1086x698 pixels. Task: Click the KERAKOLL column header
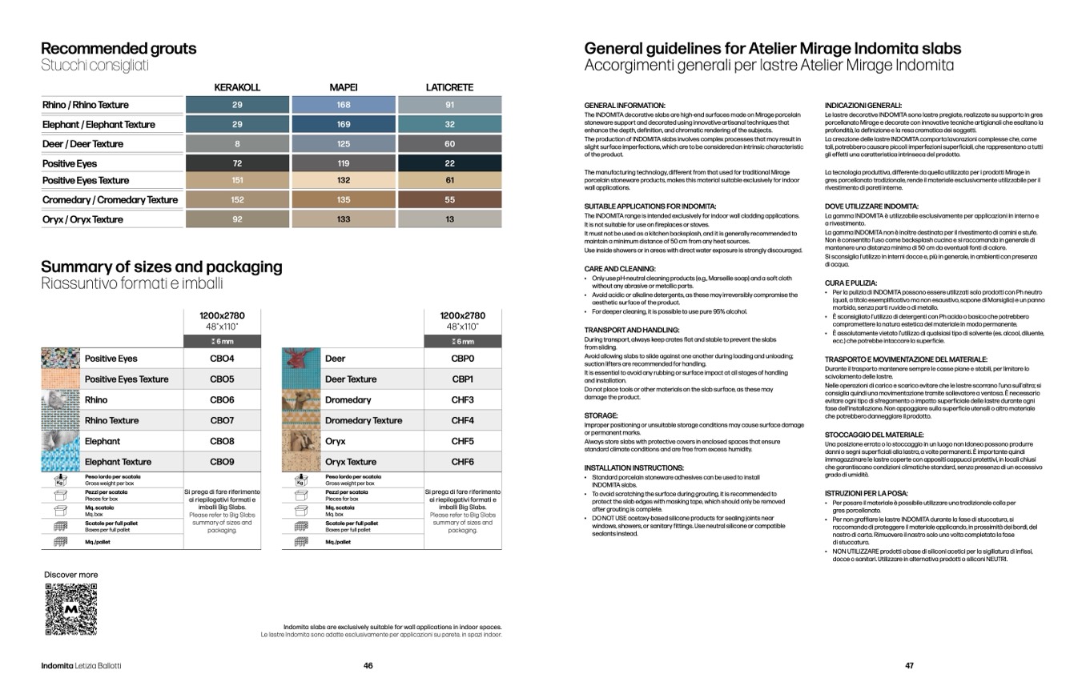[x=237, y=87]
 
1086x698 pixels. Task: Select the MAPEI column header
[x=344, y=87]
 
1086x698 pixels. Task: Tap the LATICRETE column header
[x=449, y=87]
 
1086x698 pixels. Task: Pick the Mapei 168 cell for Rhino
[x=344, y=105]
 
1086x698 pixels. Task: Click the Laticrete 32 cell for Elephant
[x=449, y=124]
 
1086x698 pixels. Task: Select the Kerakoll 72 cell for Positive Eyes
[x=237, y=163]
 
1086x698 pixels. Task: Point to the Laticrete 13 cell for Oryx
[x=449, y=219]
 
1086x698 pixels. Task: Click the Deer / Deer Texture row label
[x=83, y=144]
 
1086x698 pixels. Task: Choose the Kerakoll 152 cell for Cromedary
[x=237, y=200]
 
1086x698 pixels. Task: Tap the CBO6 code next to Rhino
[x=222, y=400]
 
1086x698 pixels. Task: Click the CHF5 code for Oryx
[x=462, y=441]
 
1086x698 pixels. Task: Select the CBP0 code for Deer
[x=462, y=359]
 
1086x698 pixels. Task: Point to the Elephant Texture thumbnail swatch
[x=61, y=461]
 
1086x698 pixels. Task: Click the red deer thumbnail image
[x=301, y=359]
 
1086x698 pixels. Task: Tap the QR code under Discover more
[x=71, y=609]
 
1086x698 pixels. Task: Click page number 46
[x=368, y=666]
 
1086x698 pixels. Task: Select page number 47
[x=909, y=666]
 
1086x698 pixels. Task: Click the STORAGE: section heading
[x=601, y=416]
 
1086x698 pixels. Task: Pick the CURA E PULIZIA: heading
[x=851, y=283]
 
